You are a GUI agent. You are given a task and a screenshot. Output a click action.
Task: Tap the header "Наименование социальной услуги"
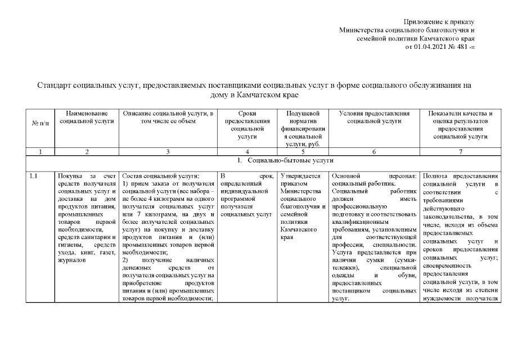point(87,116)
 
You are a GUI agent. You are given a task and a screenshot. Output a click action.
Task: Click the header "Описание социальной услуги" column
point(168,116)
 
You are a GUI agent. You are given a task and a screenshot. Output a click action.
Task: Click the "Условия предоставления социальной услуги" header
point(374,116)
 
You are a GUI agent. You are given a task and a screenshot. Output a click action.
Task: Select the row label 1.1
point(33,176)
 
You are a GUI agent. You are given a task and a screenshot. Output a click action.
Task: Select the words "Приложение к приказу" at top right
point(439,21)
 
